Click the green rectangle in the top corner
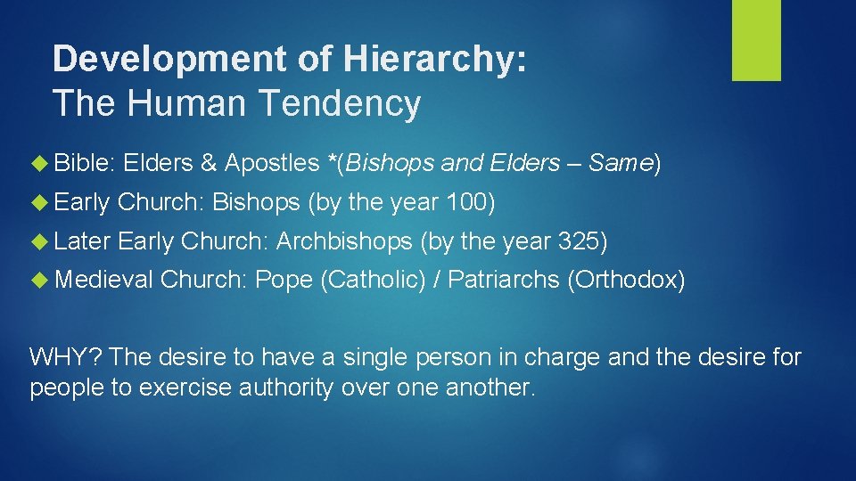(756, 40)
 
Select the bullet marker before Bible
(43, 163)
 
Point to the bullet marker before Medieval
(43, 281)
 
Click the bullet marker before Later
(43, 241)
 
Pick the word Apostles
(271, 163)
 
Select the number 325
(579, 241)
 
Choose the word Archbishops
(344, 241)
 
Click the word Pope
(284, 281)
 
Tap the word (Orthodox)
(626, 281)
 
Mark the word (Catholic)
(373, 281)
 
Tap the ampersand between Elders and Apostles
(209, 163)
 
